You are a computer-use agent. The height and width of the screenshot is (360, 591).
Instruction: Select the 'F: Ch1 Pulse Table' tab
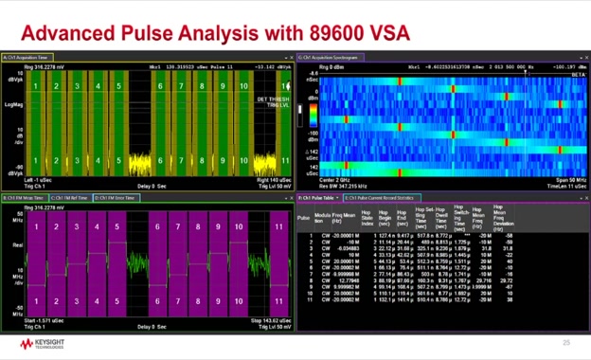(316, 198)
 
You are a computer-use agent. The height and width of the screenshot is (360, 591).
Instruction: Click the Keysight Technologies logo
(37, 342)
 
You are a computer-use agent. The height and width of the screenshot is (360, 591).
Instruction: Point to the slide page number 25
(566, 342)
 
